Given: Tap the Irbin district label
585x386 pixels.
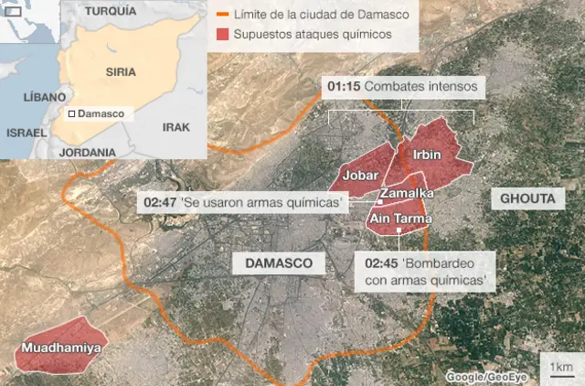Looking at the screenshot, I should [x=427, y=155].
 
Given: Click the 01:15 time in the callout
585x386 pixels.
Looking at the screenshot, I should [x=343, y=86].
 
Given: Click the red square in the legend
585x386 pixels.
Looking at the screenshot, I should [x=223, y=34].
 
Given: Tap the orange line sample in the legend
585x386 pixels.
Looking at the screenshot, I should [x=223, y=15].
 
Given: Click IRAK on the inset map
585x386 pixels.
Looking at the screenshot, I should [x=175, y=127].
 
